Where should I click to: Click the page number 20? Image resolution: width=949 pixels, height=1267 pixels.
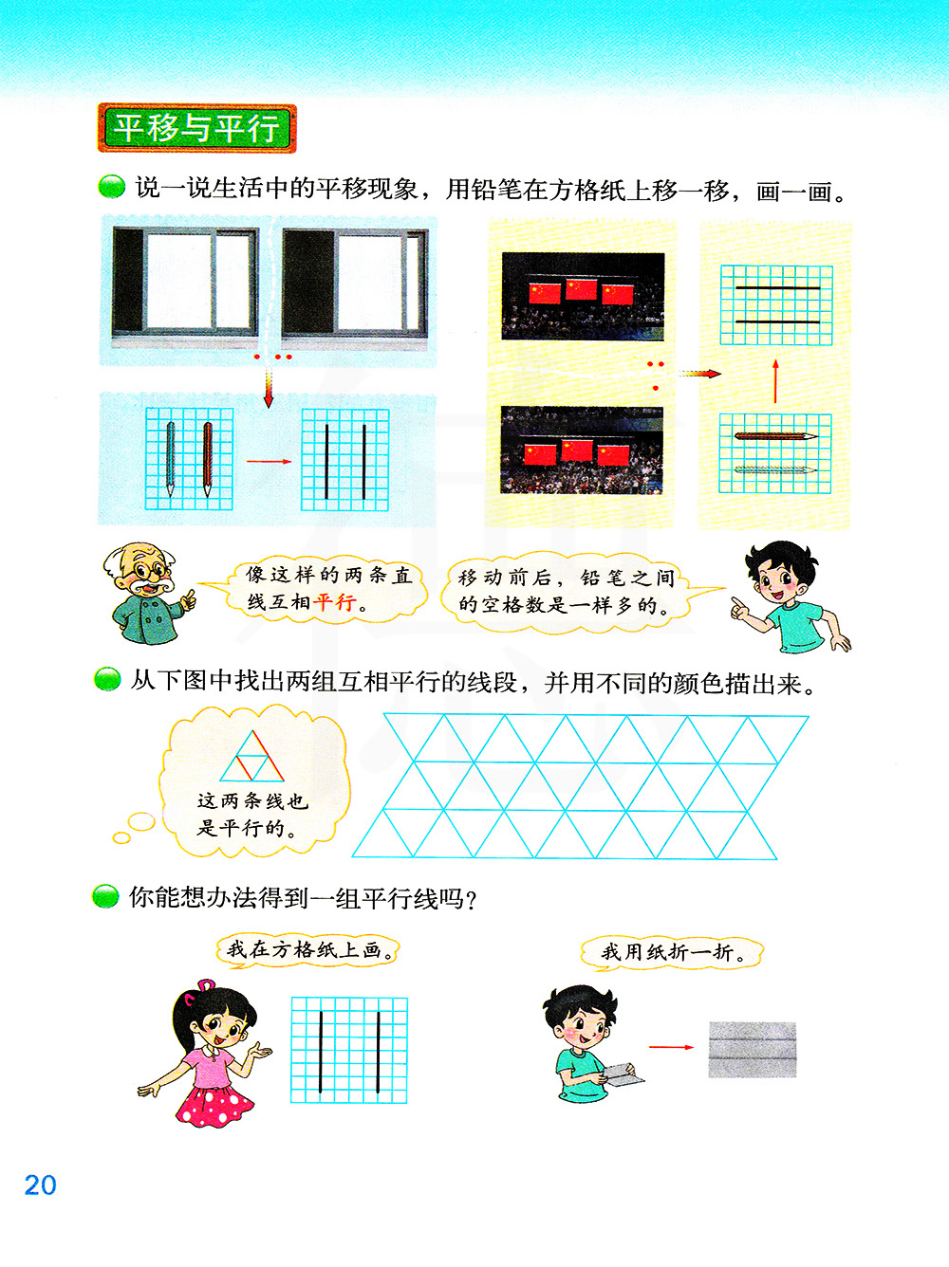point(41,1185)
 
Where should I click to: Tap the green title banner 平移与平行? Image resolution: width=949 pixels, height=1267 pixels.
point(197,128)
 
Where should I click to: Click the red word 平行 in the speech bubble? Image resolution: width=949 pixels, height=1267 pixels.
point(333,602)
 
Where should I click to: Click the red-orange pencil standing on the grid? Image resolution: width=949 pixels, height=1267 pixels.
point(208,459)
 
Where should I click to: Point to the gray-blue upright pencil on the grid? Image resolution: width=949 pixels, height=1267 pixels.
point(171,459)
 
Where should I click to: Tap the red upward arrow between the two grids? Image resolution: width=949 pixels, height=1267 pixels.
point(775,381)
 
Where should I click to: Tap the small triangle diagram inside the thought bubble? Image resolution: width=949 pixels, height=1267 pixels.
point(251,756)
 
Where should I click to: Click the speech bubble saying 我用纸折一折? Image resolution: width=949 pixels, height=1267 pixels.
point(671,952)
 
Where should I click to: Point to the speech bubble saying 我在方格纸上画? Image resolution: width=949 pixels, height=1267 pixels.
point(307,950)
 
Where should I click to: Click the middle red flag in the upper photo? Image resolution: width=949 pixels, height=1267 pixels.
point(581,290)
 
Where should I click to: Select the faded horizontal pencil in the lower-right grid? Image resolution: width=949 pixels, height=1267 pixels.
point(775,469)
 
